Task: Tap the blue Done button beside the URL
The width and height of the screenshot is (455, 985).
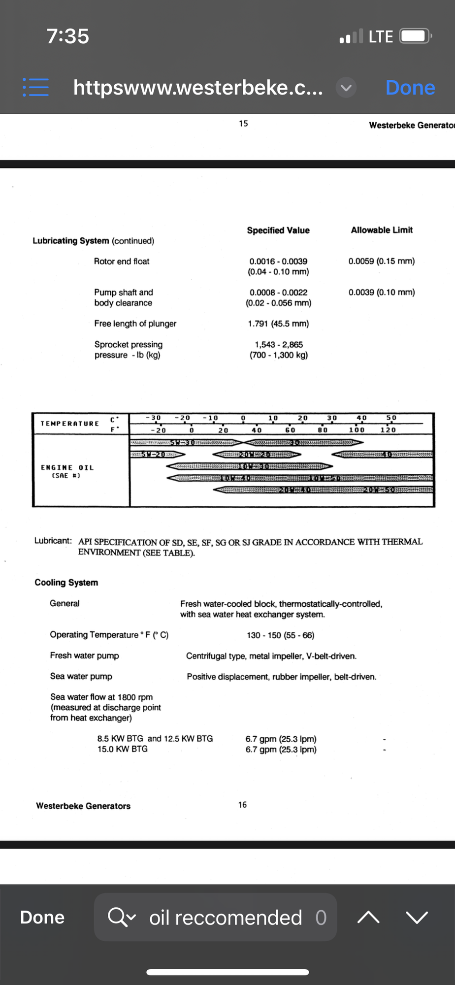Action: (410, 88)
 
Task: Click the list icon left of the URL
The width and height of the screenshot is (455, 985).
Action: (35, 87)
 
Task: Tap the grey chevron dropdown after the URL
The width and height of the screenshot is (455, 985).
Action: (346, 88)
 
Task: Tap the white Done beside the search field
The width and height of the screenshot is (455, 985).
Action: (42, 918)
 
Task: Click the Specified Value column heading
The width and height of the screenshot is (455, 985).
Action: (278, 230)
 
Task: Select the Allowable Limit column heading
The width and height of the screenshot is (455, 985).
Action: (382, 230)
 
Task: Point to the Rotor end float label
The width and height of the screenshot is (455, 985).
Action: (122, 262)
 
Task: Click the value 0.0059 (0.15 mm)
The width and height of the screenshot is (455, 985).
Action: (382, 261)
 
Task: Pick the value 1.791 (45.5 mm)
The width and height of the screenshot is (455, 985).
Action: (278, 324)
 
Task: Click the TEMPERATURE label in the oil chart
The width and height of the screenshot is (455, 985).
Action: (70, 424)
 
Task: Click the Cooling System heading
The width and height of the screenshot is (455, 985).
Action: (66, 583)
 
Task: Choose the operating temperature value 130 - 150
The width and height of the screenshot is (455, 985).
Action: (280, 635)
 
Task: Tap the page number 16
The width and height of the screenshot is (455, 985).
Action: (242, 805)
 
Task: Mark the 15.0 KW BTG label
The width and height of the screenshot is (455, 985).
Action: (122, 749)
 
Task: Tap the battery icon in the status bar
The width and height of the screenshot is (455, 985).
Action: (415, 36)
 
